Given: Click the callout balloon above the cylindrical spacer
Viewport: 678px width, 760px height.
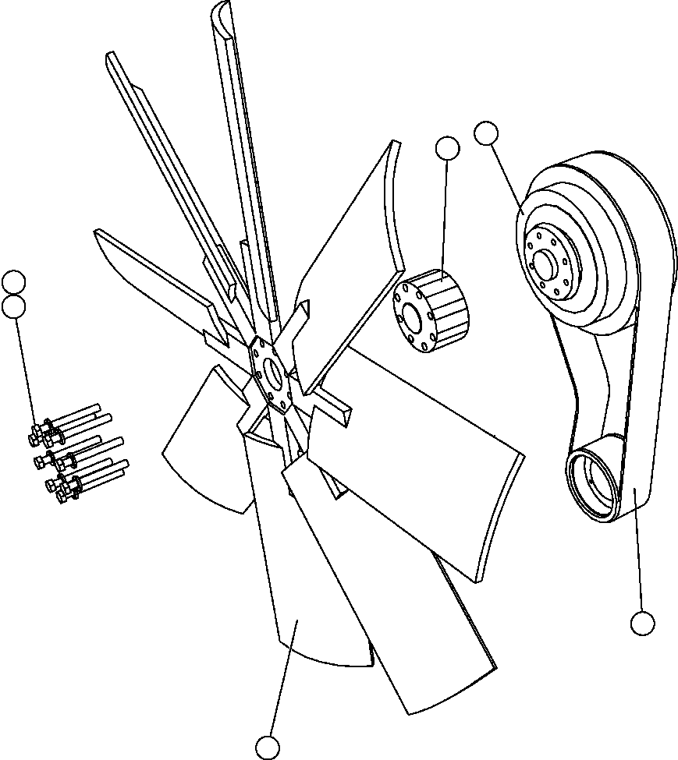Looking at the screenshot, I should pyautogui.click(x=447, y=148).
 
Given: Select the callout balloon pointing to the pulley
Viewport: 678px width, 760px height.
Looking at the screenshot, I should pyautogui.click(x=486, y=133).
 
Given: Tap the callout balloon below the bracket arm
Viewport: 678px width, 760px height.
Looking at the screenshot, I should pyautogui.click(x=642, y=624).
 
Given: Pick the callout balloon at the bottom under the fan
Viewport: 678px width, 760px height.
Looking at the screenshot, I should pyautogui.click(x=268, y=748).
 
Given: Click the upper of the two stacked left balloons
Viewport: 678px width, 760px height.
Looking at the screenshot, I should pyautogui.click(x=14, y=281).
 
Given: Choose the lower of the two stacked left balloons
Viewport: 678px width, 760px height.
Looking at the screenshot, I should pyautogui.click(x=14, y=306).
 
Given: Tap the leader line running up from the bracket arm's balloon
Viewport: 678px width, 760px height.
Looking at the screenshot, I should pyautogui.click(x=638, y=546).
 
